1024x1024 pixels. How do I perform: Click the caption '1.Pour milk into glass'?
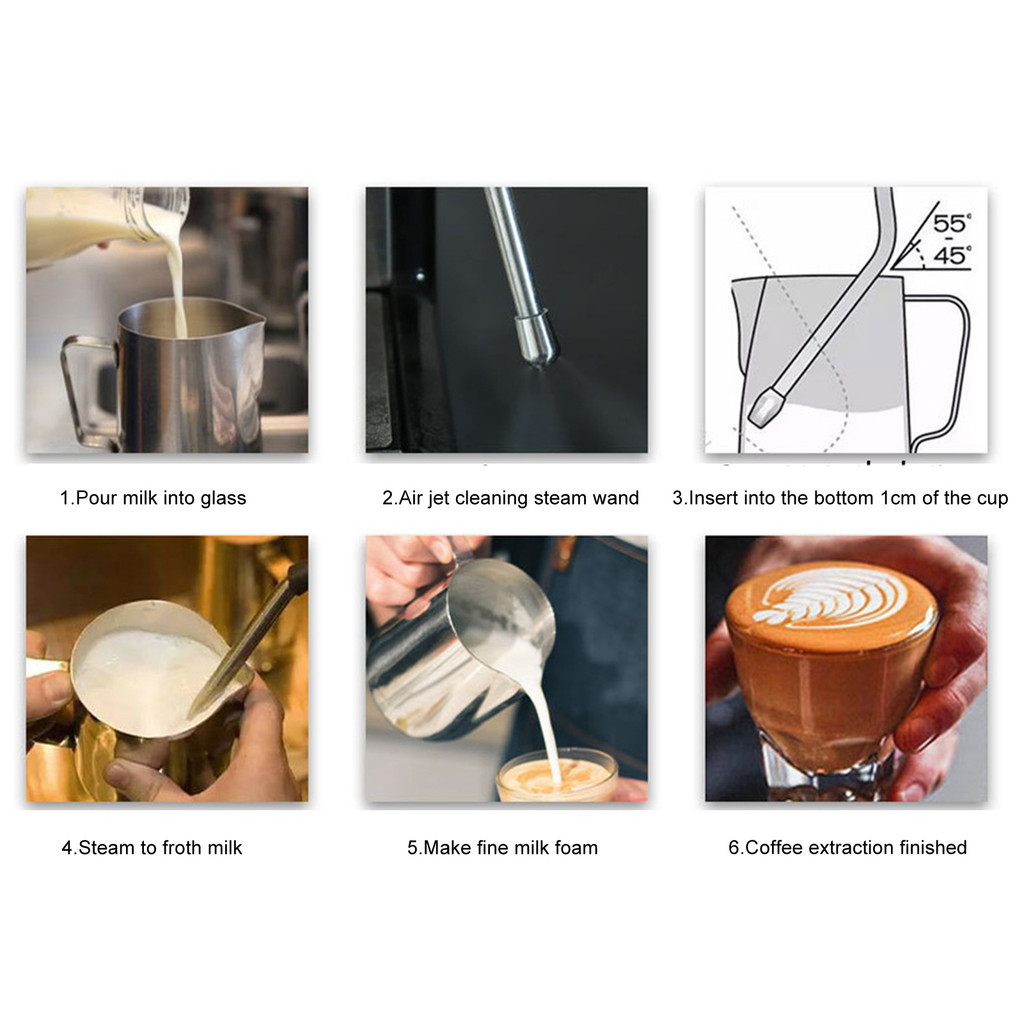(x=153, y=498)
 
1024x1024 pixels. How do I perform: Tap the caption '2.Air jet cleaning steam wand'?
(x=510, y=498)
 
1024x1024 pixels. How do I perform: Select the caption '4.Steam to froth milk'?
(x=152, y=848)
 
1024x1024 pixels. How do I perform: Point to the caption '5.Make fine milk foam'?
(x=502, y=848)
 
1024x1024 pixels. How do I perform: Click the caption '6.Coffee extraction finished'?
(x=847, y=848)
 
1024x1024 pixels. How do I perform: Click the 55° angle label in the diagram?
(x=952, y=223)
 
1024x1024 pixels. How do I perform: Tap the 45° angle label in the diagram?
(x=952, y=255)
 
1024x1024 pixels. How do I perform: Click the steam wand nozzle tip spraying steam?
(x=536, y=340)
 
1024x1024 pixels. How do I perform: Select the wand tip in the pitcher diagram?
(x=765, y=407)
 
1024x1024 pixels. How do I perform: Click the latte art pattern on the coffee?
(x=829, y=598)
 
